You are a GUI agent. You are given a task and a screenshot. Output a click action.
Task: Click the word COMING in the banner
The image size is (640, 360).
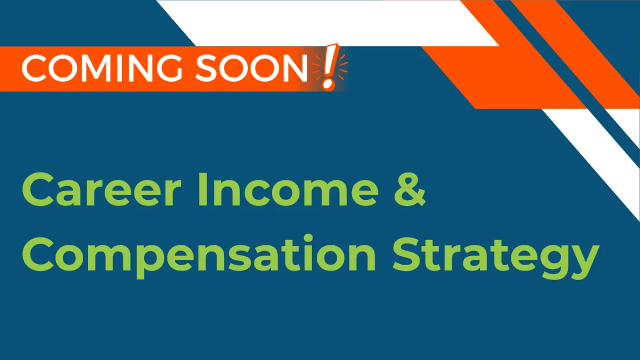click(x=102, y=69)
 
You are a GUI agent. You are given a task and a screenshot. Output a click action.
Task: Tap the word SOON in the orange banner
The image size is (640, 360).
click(x=251, y=69)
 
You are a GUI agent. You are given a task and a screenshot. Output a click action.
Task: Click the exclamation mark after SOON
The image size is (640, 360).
click(x=330, y=67)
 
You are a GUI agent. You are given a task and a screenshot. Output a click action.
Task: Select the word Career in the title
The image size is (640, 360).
click(x=102, y=189)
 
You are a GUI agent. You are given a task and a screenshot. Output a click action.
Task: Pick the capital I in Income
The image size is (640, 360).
click(x=202, y=189)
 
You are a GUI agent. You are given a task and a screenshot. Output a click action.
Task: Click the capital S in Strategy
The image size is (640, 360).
click(x=406, y=254)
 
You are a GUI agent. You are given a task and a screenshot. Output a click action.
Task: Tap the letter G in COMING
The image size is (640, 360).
click(x=169, y=69)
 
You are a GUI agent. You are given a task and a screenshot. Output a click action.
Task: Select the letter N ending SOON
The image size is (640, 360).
click(x=295, y=69)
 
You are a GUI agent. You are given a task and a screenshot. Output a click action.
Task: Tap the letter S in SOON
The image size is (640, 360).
click(x=206, y=69)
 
